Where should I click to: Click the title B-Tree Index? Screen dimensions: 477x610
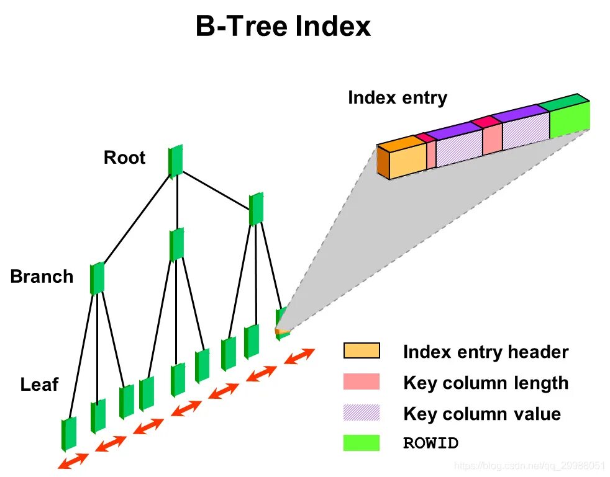tap(283, 27)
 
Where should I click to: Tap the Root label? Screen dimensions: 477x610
tap(124, 158)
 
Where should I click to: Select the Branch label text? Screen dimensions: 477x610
tap(42, 276)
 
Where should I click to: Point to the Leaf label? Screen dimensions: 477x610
tap(39, 385)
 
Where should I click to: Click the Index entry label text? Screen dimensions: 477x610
tap(397, 98)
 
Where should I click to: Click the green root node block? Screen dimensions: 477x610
tap(176, 161)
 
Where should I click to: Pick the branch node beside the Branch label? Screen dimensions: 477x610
tap(97, 278)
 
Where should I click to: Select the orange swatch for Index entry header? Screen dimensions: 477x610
tap(362, 351)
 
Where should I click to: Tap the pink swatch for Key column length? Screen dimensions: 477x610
tap(362, 382)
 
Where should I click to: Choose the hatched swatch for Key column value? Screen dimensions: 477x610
tap(362, 412)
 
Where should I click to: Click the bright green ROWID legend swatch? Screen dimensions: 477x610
tap(362, 443)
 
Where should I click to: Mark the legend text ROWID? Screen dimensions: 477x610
tap(430, 444)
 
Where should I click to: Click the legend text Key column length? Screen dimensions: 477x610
tap(486, 383)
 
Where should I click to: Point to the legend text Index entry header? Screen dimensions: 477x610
tap(486, 352)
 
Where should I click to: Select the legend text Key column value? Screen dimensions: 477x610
tap(482, 414)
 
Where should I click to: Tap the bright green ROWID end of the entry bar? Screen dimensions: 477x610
tap(569, 120)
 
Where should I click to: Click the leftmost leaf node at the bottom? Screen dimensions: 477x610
tap(68, 433)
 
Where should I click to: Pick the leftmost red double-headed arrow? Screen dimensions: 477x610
tap(72, 461)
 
